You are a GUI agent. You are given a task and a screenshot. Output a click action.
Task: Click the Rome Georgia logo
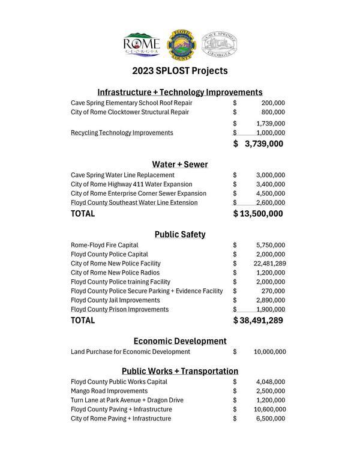pos(141,44)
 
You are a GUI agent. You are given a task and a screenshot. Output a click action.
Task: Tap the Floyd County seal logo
pos(180,44)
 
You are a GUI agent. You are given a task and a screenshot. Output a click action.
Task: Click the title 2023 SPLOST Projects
pos(180,71)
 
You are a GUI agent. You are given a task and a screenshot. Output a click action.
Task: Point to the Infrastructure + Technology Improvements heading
pos(180,92)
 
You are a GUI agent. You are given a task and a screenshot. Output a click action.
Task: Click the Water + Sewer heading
pos(180,164)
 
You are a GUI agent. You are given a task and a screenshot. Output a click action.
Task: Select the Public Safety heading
pos(180,234)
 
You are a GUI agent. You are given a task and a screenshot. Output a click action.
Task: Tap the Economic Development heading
pos(180,340)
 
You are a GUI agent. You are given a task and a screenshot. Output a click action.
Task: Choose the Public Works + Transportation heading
pos(180,371)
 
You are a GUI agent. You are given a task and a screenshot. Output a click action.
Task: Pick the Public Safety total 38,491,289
pos(261,321)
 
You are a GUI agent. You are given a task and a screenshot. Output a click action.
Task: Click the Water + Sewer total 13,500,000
pos(261,214)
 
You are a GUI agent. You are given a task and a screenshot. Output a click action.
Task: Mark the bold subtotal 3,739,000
pos(263,144)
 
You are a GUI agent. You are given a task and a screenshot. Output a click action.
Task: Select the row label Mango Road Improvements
pos(109,391)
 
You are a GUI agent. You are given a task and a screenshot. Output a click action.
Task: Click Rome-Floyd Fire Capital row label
pos(104,245)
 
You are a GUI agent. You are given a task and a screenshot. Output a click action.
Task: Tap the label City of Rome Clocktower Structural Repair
pos(130,112)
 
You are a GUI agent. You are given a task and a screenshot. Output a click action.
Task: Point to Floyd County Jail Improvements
pos(115,300)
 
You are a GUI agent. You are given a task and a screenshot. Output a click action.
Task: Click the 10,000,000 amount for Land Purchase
pos(269,351)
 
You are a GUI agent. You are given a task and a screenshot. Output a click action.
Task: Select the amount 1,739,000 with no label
pos(270,123)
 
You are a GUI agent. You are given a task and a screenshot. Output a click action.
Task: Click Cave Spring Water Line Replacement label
pos(122,175)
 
